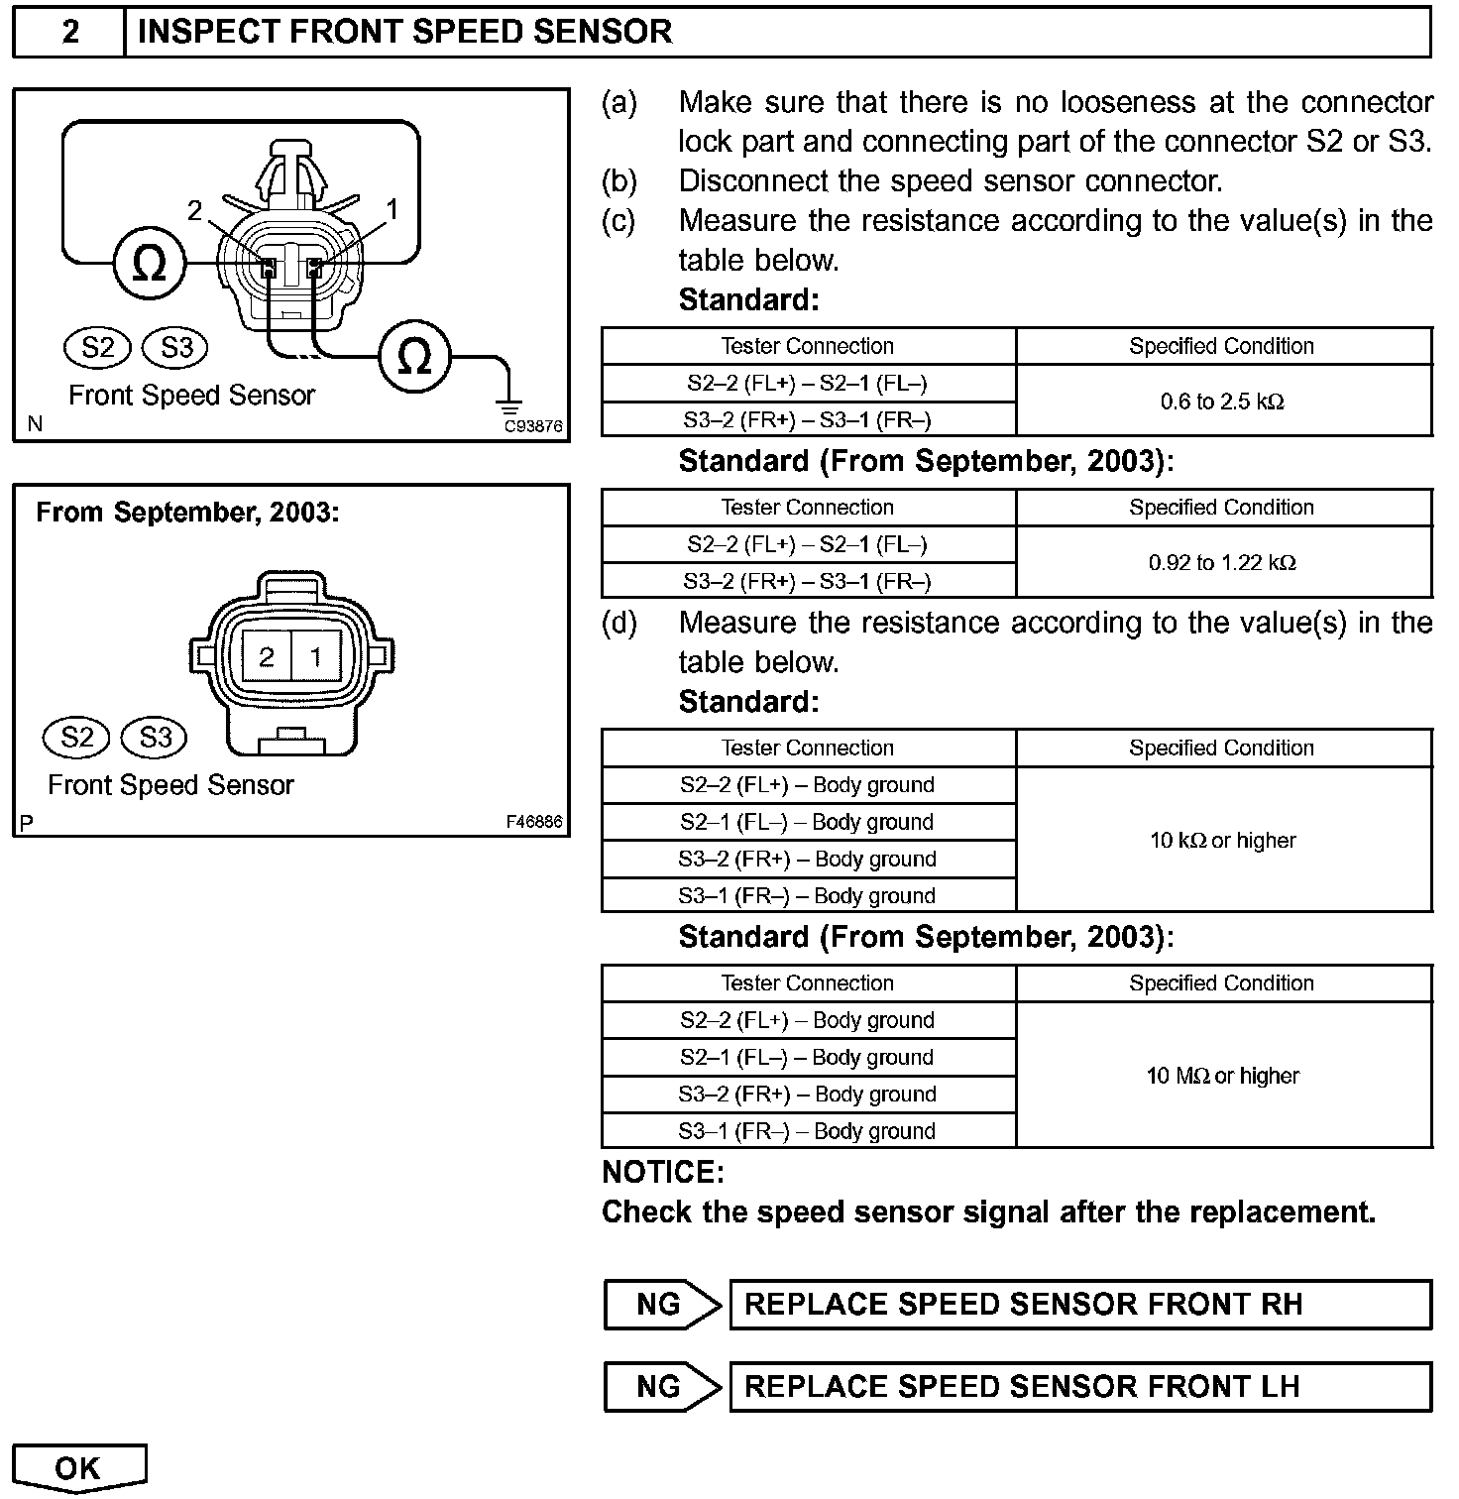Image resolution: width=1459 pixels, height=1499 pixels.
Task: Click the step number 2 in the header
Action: pos(69,32)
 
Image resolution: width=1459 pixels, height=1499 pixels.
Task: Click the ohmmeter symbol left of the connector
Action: pos(149,264)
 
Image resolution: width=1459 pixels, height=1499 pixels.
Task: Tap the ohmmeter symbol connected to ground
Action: pos(414,357)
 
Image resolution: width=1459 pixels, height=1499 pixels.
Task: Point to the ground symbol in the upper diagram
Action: pos(509,407)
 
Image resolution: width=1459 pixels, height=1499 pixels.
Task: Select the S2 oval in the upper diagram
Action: pos(98,347)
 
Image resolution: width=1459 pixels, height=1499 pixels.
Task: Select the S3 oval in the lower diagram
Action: pos(156,737)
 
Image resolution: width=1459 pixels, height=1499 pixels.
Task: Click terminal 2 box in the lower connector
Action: pos(266,656)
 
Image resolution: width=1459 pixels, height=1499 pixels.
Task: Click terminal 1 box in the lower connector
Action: pos(316,656)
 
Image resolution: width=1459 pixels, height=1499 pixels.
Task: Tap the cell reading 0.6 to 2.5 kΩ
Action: pos(1223,402)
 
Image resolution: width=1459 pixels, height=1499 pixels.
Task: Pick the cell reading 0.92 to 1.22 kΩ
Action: pos(1223,562)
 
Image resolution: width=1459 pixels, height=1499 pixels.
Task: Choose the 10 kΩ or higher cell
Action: pos(1223,840)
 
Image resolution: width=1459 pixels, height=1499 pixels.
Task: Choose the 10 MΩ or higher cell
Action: pos(1223,1076)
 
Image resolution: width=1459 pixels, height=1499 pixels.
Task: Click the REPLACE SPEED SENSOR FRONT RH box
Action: pos(1080,1305)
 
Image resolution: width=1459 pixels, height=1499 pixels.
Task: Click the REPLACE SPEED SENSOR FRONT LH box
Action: pos(1080,1386)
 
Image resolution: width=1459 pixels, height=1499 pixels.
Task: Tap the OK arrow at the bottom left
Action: pos(79,1468)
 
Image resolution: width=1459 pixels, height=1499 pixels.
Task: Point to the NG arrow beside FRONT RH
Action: pos(661,1305)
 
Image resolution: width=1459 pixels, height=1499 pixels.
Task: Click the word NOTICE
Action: pos(663,1173)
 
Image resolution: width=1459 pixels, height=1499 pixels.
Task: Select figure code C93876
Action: pos(533,427)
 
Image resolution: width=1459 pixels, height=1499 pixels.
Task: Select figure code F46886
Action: pos(533,822)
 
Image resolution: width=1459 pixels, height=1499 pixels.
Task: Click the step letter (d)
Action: pos(619,623)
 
